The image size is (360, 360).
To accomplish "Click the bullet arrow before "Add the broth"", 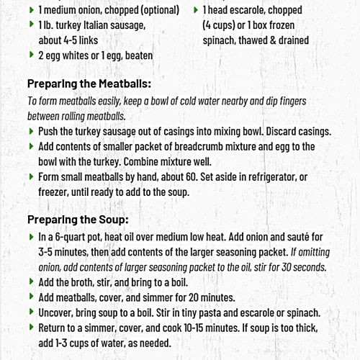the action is [31, 282].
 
